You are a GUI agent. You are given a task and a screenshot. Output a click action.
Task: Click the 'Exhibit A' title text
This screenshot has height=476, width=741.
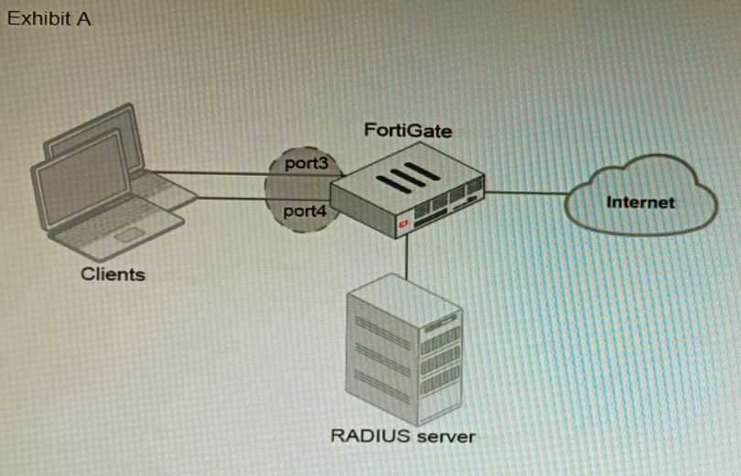tap(48, 19)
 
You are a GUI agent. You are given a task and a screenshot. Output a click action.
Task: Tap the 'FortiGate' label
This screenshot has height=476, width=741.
tap(407, 130)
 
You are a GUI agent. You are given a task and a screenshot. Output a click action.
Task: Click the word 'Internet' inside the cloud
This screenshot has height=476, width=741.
tap(640, 201)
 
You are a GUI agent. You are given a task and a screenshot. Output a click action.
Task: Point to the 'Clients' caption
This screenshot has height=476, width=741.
tap(113, 273)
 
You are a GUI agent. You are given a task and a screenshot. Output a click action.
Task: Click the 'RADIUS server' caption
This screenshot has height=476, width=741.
tap(403, 436)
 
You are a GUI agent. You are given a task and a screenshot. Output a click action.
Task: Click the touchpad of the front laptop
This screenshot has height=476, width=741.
tap(129, 234)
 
